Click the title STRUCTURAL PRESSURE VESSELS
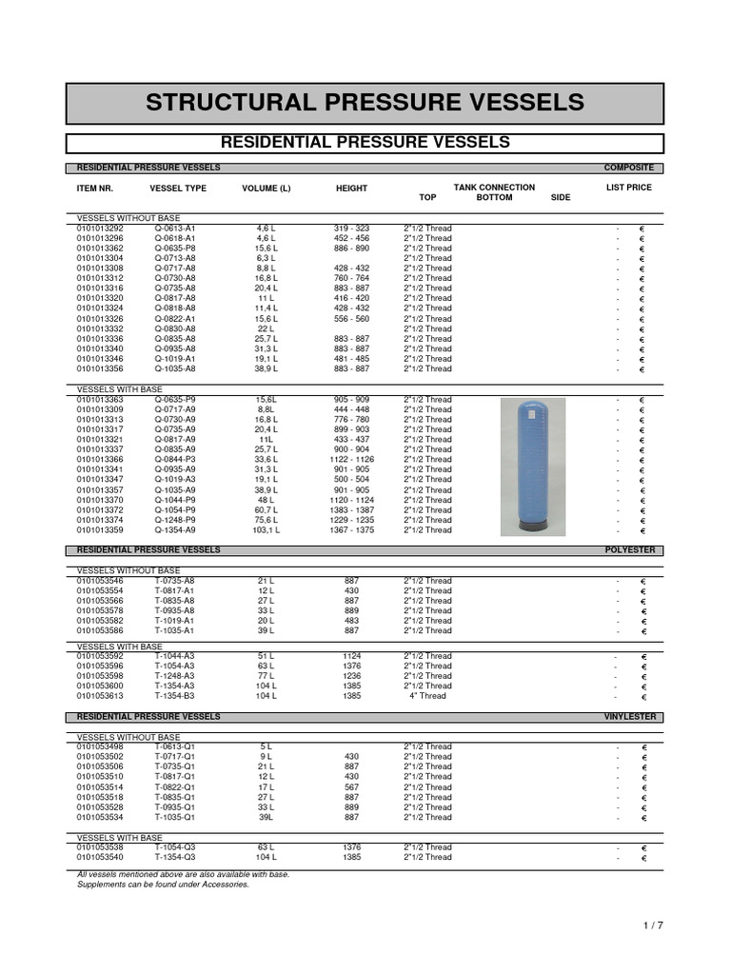tap(365, 103)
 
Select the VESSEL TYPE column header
tap(178, 189)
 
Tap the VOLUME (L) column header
tap(267, 189)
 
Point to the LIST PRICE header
tap(628, 188)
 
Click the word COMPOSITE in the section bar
tap(628, 168)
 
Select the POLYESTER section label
tap(630, 550)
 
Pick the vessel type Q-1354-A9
tap(175, 530)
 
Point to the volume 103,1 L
tap(266, 530)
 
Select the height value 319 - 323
tap(351, 229)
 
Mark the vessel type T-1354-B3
tap(175, 696)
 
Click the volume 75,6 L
tap(266, 520)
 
